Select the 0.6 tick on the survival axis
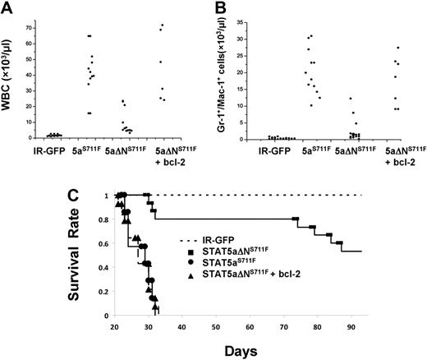105,243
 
